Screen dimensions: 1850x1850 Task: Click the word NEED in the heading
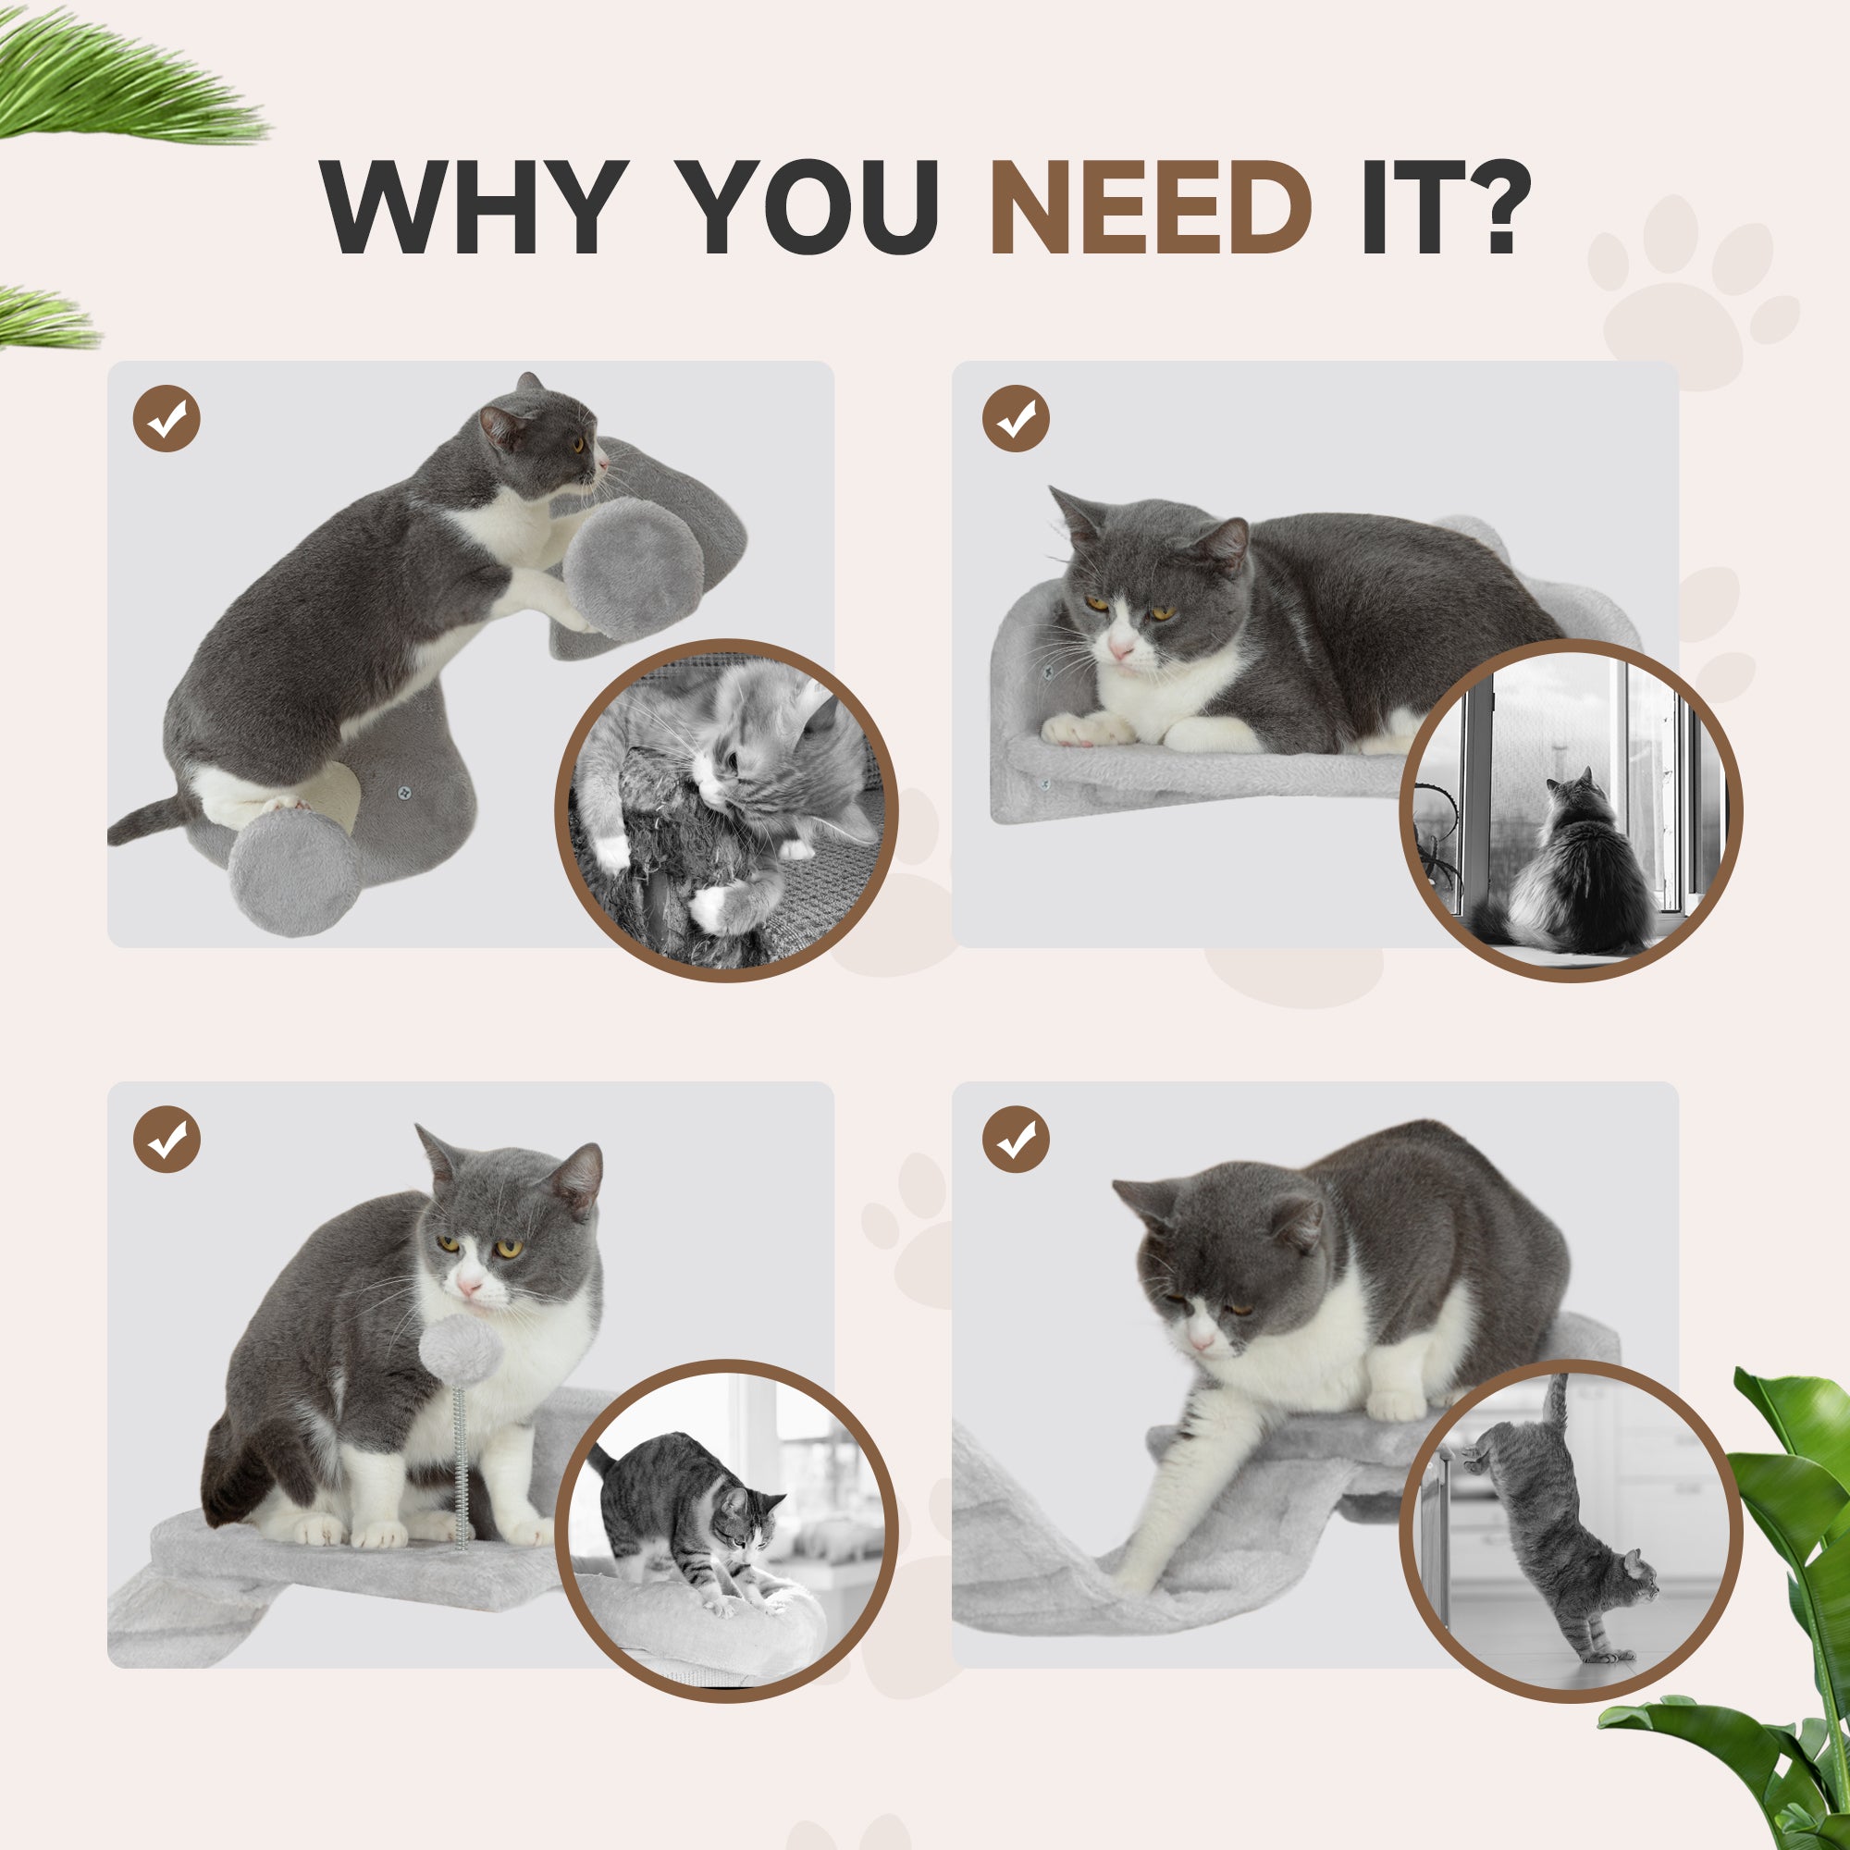click(x=1150, y=208)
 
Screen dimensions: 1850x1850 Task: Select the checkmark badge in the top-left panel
click(x=166, y=418)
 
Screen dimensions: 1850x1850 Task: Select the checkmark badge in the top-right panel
click(x=1016, y=418)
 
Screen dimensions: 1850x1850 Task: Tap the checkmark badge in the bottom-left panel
click(x=166, y=1140)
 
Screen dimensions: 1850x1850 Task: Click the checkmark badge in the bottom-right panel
click(x=1016, y=1140)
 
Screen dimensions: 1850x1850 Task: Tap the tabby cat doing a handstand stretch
click(x=1556, y=1532)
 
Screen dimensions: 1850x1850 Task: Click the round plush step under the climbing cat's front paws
click(x=633, y=569)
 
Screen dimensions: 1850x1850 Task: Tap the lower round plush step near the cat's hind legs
click(x=295, y=871)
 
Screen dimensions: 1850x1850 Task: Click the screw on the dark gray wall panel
click(x=404, y=793)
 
